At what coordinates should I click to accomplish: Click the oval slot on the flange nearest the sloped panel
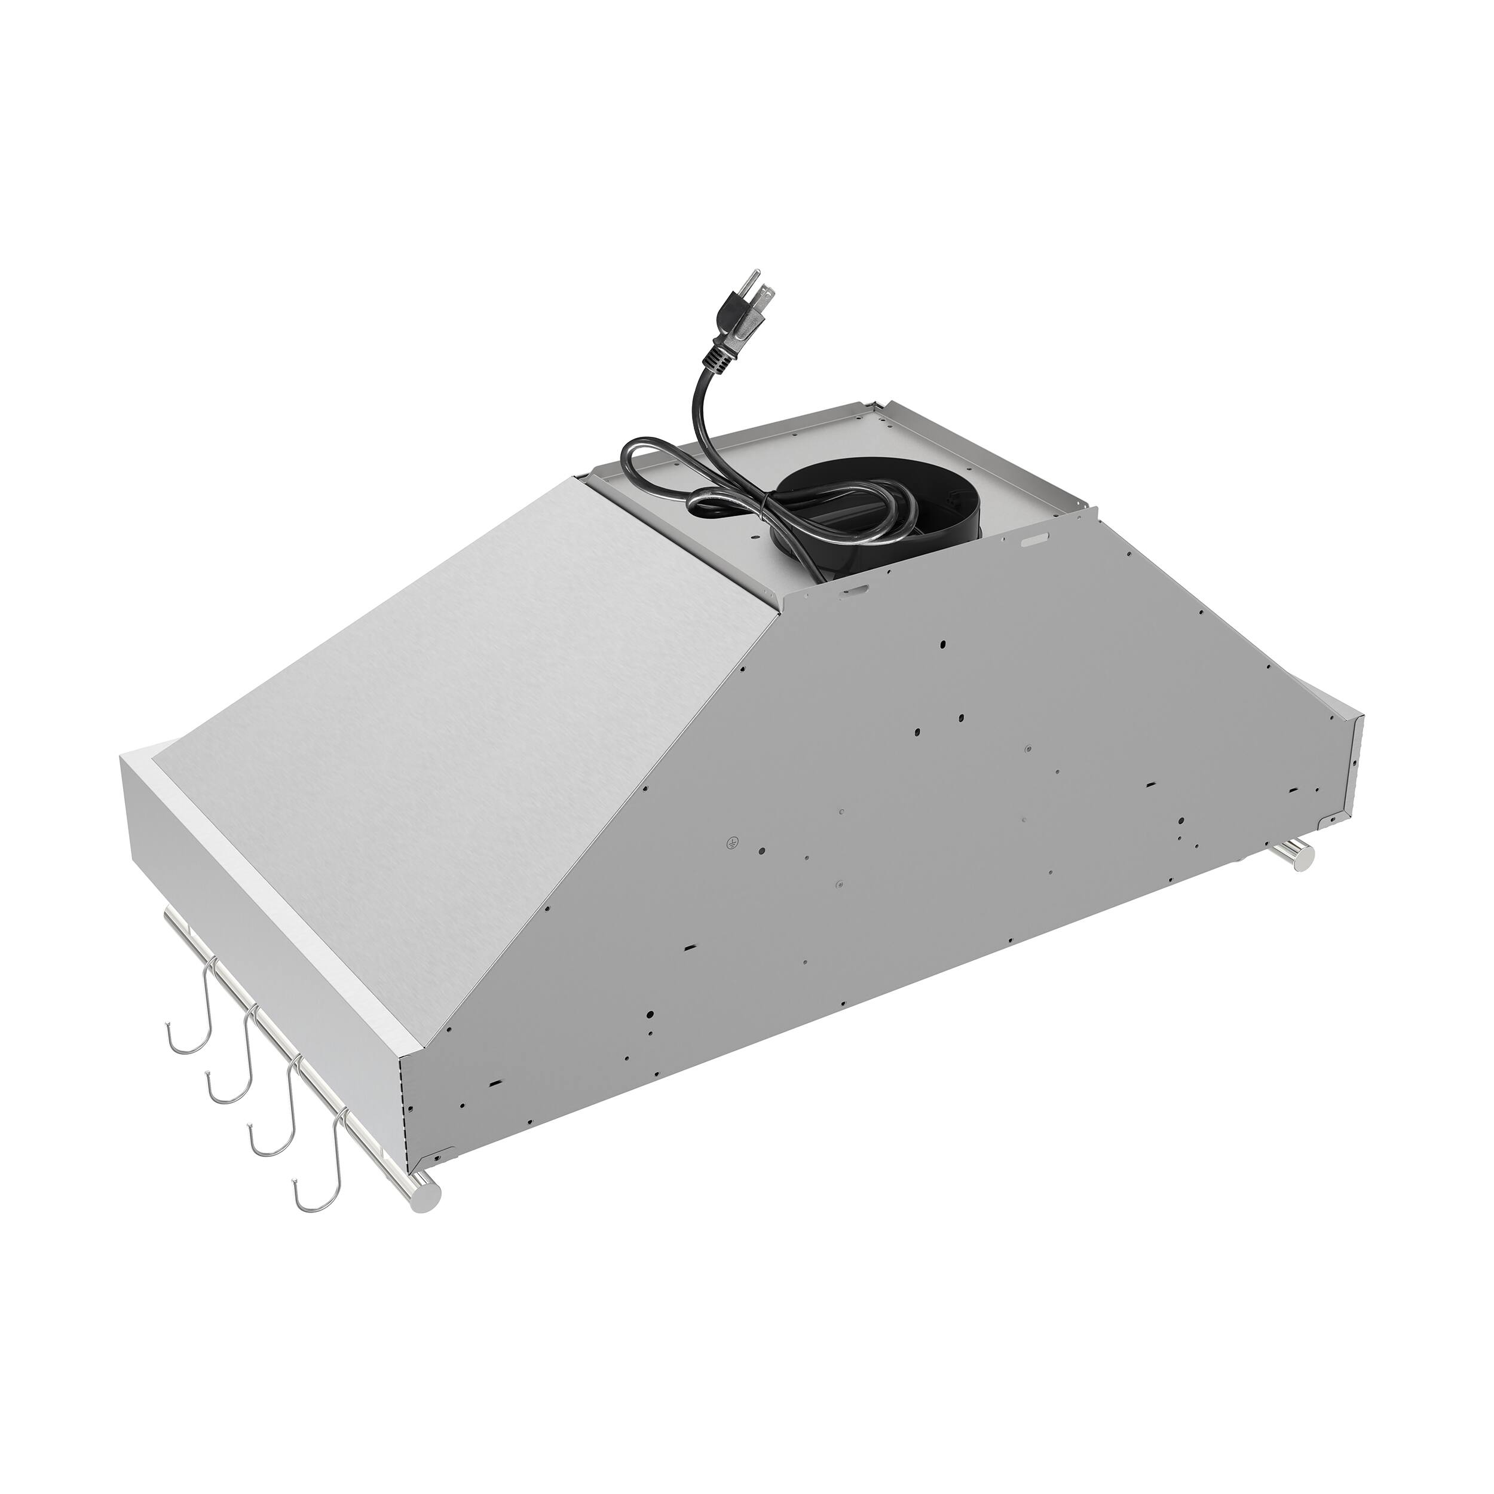tap(855, 589)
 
